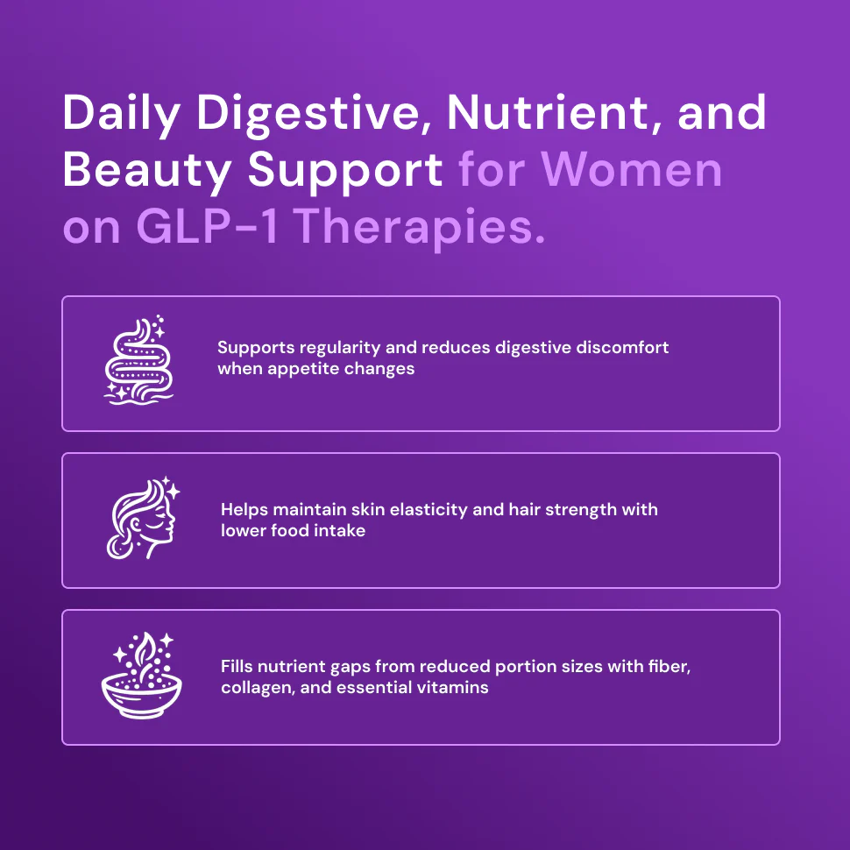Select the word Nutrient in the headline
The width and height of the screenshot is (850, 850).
548,113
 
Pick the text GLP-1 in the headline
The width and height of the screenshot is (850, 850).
207,226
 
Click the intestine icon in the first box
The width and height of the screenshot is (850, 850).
138,360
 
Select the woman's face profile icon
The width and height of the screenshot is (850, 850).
143,518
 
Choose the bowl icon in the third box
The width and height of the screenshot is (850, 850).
141,676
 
